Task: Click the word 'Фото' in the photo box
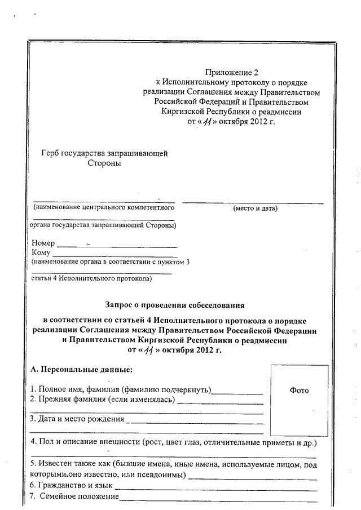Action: (299, 390)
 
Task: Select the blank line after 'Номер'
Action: (117, 244)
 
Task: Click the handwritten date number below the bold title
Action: (148, 351)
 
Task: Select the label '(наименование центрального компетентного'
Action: (102, 208)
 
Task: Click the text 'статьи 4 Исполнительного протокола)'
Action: (92, 278)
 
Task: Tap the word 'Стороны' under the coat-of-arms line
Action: (104, 163)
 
